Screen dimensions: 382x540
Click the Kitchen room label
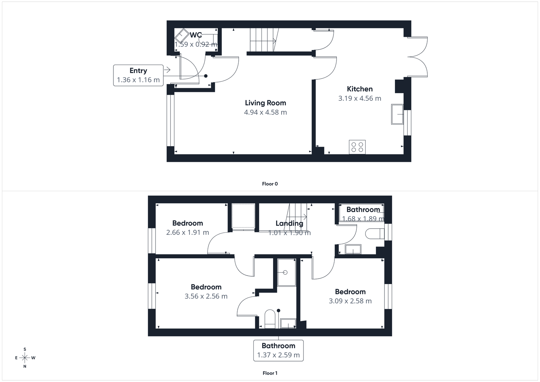pos(360,89)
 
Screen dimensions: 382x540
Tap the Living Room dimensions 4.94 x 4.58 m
pos(265,112)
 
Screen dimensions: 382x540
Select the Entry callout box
pos(138,75)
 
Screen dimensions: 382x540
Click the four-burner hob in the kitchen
pos(357,147)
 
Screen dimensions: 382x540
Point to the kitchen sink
pos(398,114)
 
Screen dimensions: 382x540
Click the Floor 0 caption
pos(270,184)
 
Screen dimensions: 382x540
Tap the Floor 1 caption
pos(270,373)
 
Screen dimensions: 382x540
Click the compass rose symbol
pos(25,358)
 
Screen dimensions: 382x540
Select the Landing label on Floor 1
pos(289,223)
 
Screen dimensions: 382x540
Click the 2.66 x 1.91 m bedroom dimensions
pos(187,232)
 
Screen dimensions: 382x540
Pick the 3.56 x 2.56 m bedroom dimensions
pos(206,296)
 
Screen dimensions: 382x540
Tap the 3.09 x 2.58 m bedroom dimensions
pos(350,301)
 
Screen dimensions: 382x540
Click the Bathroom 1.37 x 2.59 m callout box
pos(278,351)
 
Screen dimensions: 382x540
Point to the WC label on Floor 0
pos(196,35)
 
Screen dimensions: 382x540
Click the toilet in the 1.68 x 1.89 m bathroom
pos(375,234)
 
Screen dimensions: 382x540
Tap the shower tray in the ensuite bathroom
pos(286,272)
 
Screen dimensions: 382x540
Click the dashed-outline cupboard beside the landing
pos(243,216)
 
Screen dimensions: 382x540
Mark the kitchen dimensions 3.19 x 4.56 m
pos(360,99)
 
